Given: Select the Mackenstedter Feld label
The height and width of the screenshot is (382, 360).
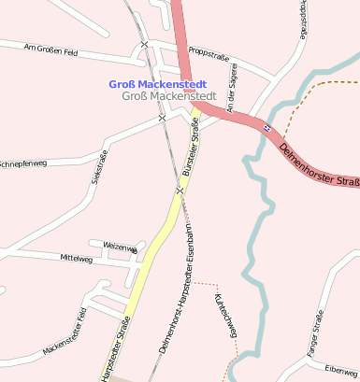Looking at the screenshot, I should [x=65, y=333].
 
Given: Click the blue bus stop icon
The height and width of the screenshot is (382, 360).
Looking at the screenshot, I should [x=266, y=128].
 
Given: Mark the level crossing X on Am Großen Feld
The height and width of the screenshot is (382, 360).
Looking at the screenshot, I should [x=144, y=45].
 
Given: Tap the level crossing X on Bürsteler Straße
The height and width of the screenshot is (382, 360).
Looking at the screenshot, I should [x=179, y=190].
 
